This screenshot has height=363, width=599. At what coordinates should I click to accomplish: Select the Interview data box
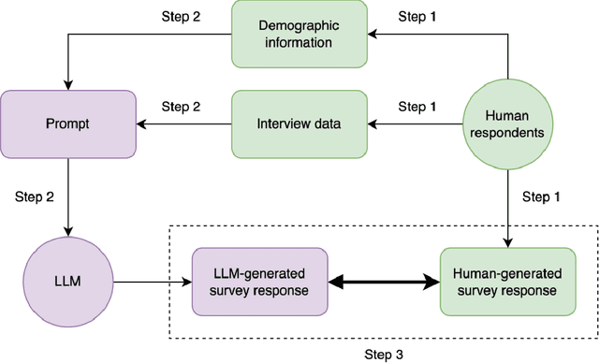pos(298,123)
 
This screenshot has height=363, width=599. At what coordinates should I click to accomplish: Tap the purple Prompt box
pos(68,123)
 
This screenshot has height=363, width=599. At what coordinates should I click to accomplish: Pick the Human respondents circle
pos(507,123)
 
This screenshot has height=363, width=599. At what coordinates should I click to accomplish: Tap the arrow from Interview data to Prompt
pos(184,123)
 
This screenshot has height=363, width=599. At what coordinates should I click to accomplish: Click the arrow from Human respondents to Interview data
pos(416,123)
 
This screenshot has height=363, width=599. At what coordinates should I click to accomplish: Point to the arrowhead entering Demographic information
pos(371,36)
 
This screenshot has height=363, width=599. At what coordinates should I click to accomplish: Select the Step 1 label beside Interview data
pos(417,107)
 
